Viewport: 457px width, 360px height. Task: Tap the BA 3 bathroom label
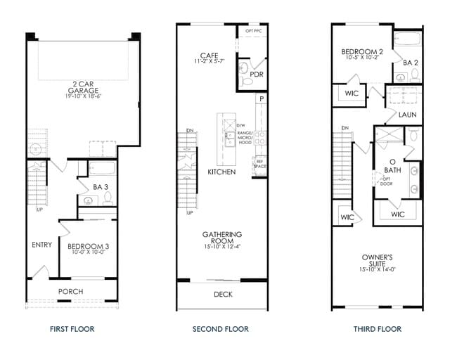point(99,187)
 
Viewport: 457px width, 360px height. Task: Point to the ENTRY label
point(41,245)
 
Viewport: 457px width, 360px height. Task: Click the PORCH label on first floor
point(70,291)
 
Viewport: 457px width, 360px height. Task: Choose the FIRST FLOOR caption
point(72,329)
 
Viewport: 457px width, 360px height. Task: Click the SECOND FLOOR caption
point(220,329)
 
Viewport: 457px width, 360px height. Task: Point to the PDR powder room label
point(257,74)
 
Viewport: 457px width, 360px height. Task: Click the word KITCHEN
point(221,172)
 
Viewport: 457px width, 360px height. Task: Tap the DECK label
point(223,295)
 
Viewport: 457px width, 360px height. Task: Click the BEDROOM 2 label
point(362,51)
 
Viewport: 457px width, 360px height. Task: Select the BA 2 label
point(411,63)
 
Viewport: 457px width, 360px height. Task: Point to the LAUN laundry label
point(408,114)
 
